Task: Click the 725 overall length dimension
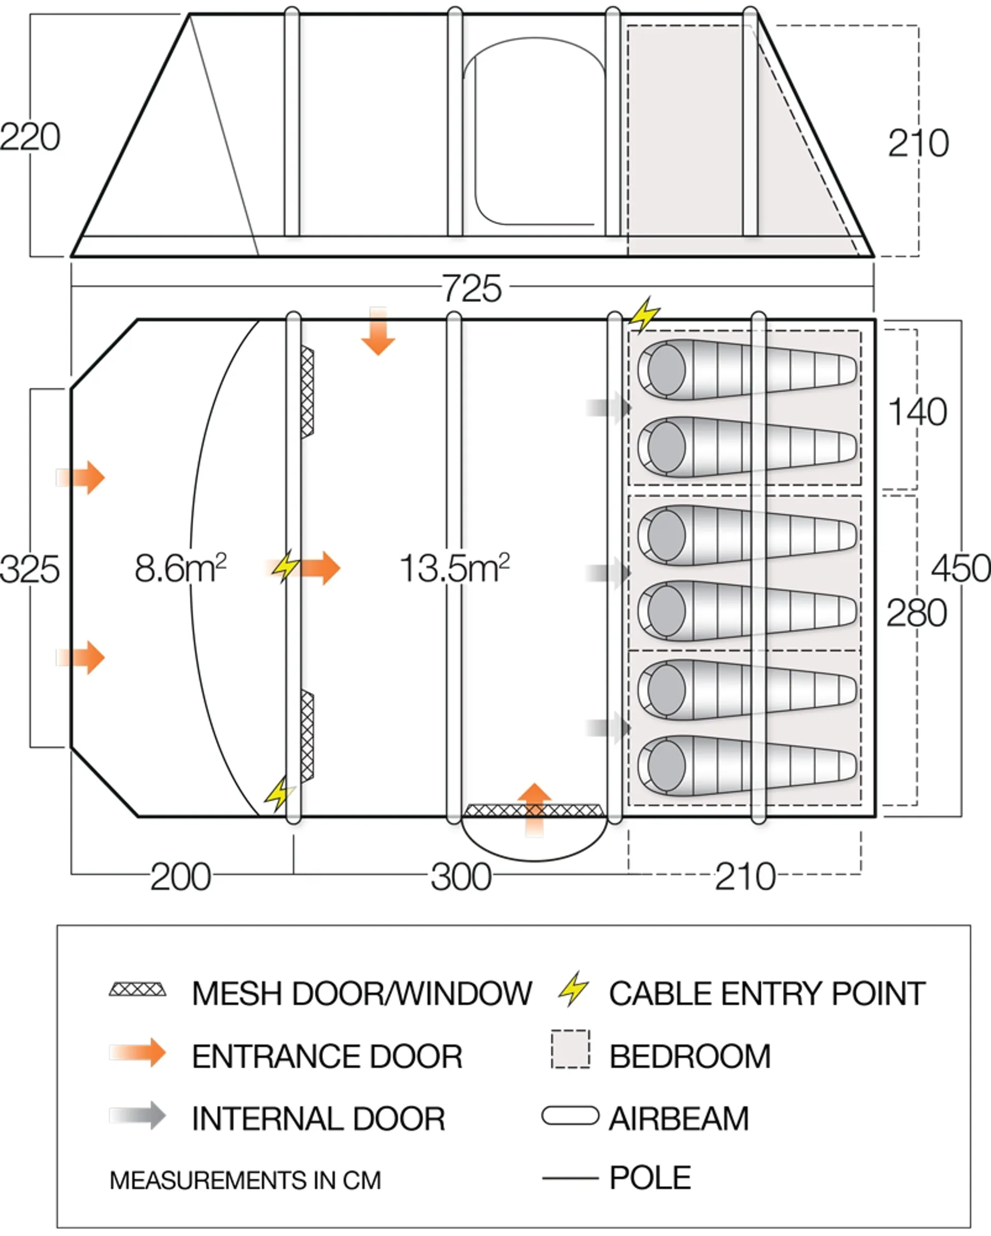pyautogui.click(x=472, y=289)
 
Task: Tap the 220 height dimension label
pyautogui.click(x=30, y=137)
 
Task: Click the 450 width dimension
pyautogui.click(x=961, y=569)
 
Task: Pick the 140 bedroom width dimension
pyautogui.click(x=917, y=411)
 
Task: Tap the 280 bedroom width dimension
pyautogui.click(x=917, y=613)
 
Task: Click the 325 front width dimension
pyautogui.click(x=30, y=570)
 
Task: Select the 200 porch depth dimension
pyautogui.click(x=181, y=877)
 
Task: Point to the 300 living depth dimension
pyautogui.click(x=461, y=877)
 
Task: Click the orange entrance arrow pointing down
pyautogui.click(x=378, y=331)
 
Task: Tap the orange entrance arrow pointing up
pyautogui.click(x=534, y=810)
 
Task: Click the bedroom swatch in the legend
pyautogui.click(x=570, y=1049)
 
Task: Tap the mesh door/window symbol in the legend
pyautogui.click(x=138, y=990)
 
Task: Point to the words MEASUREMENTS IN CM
pyautogui.click(x=245, y=1180)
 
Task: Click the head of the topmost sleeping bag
pyautogui.click(x=666, y=370)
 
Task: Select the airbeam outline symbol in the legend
pyautogui.click(x=570, y=1116)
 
